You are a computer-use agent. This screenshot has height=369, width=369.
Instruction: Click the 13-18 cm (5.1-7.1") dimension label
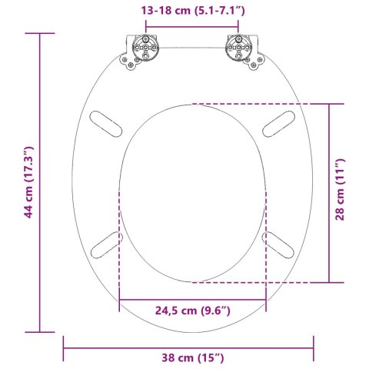[191, 11]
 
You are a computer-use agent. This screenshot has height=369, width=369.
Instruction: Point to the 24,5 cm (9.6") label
[192, 310]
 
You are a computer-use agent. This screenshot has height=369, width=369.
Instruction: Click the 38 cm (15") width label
[189, 358]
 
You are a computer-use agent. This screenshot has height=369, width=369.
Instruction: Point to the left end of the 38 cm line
[64, 348]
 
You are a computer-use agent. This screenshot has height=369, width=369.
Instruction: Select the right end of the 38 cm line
[314, 348]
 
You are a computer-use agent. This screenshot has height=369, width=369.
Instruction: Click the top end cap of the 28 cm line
[331, 103]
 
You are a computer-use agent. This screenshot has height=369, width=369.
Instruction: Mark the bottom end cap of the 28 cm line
[331, 282]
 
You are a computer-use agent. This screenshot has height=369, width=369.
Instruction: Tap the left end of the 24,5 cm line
[119, 300]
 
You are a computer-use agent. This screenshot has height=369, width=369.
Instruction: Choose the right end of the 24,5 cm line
[266, 300]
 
